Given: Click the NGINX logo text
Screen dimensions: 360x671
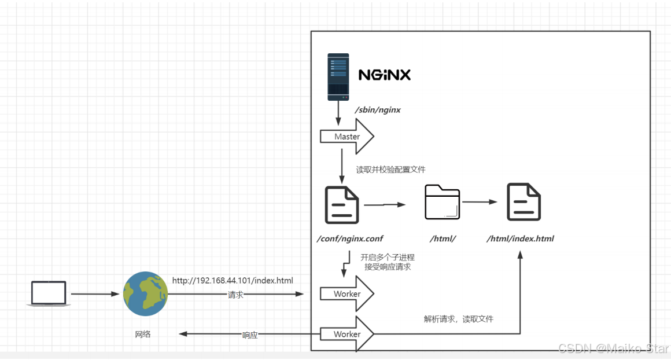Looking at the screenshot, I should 384,75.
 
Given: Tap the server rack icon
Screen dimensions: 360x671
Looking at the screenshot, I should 338,76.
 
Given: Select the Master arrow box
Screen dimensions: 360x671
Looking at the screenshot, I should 347,137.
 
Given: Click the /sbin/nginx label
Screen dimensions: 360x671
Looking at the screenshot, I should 378,109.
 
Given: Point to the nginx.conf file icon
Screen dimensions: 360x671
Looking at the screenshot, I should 342,204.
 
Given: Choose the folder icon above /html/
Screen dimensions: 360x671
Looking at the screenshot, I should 442,203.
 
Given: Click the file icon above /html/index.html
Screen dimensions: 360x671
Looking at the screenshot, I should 524,202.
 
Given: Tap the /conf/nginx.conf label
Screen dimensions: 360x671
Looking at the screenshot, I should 349,238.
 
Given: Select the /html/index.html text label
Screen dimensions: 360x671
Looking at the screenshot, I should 520,238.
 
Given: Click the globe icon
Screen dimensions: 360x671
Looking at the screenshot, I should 145,294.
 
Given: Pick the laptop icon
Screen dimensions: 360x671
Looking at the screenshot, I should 49,293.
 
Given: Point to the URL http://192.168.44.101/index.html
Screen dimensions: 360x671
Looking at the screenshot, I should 233,281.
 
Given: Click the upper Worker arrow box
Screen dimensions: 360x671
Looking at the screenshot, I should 347,294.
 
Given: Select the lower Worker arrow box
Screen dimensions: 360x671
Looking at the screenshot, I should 347,334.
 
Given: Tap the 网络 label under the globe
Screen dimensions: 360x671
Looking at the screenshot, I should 143,334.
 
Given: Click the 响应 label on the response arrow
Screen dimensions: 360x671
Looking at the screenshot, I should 250,335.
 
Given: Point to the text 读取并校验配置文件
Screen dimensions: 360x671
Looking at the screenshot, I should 391,170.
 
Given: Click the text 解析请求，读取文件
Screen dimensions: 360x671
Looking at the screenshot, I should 458,319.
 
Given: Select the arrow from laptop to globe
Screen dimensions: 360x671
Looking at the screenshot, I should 95,294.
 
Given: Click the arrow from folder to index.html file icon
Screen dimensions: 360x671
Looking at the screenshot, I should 480,202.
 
